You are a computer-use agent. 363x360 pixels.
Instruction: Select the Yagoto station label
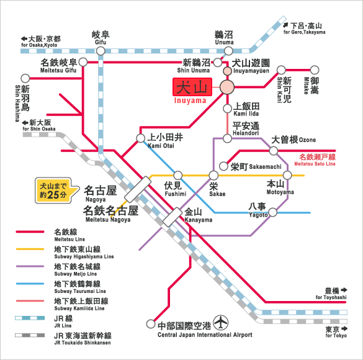pos(259,209)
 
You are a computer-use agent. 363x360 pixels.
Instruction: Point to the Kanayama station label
pos(198,215)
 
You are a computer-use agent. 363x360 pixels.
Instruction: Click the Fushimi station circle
pos(178,176)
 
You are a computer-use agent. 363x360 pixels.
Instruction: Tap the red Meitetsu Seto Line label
pos(316,160)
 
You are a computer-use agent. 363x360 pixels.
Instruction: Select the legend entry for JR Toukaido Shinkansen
pos(81,339)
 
